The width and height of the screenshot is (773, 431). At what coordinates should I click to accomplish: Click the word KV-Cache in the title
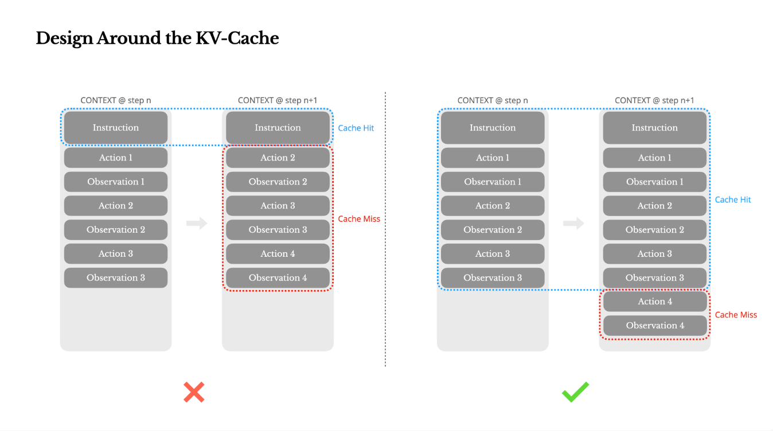coord(237,38)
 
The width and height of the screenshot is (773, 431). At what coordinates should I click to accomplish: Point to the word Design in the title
coord(65,39)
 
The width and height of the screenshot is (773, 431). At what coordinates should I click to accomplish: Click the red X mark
coord(194,392)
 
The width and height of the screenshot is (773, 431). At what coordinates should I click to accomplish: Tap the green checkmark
coord(576,392)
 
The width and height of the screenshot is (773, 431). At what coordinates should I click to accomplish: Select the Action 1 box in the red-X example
coord(116,158)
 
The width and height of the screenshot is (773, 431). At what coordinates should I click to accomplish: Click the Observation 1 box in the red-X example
coord(116,182)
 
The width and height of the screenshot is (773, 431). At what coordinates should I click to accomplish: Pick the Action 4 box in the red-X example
coord(278,254)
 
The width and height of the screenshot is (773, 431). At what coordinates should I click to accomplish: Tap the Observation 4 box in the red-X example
coord(278,277)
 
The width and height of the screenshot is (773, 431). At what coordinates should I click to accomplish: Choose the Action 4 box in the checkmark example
coord(655,301)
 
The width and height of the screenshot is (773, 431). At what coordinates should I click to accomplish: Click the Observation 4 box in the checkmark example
coord(655,326)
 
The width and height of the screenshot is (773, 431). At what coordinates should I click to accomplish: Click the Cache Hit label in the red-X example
coord(356,128)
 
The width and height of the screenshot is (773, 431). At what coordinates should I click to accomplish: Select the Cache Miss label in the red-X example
coord(359,218)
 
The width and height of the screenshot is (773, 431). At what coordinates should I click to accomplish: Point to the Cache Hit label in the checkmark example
coord(733,199)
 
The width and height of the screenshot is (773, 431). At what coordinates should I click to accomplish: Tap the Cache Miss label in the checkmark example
coord(736,315)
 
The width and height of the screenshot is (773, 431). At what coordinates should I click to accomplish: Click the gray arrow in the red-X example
coord(197,223)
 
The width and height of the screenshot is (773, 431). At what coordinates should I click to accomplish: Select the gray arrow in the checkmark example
coord(573,224)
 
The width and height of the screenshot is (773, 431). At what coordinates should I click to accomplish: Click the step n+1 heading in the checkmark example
coord(654,100)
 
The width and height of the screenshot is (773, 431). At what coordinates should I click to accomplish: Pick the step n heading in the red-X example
coord(116,100)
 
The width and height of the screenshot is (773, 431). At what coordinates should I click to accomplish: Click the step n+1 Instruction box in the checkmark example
coord(655,128)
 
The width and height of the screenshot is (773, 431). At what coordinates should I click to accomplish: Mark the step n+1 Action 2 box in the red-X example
coord(278,158)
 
